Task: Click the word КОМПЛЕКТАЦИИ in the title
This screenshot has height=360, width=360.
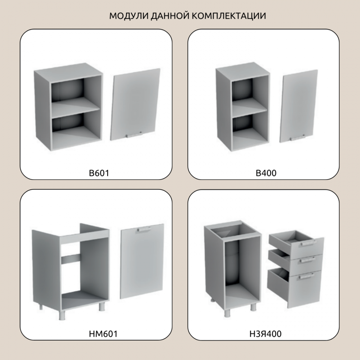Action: click(229, 16)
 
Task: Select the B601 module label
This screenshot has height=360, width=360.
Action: click(99, 173)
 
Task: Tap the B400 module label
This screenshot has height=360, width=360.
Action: click(266, 173)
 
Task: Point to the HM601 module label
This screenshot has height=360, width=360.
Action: click(103, 334)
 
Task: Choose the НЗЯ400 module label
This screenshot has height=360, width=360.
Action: click(265, 334)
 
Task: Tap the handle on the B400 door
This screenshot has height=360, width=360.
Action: click(297, 138)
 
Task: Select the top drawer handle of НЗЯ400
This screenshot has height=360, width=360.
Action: click(306, 244)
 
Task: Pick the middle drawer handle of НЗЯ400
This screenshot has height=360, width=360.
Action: click(307, 260)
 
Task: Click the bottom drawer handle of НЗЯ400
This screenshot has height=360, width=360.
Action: click(306, 276)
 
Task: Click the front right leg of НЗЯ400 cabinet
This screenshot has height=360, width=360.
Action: click(253, 307)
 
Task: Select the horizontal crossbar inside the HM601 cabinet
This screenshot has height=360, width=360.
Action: click(71, 258)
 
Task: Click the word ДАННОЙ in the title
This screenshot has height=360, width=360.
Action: click(170, 16)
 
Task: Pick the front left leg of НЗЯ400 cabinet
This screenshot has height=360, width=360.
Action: click(227, 313)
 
